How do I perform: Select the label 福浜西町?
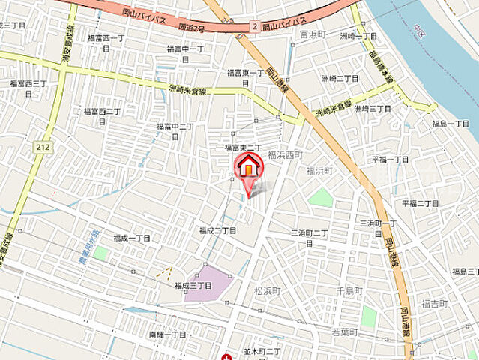tap(285, 154)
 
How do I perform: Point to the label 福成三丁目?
tap(193, 286)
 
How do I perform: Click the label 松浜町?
tap(267, 290)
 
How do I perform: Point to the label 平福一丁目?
tap(391, 160)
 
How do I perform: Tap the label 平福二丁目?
tap(420, 203)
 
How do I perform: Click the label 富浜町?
tap(310, 34)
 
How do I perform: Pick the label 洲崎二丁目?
tap(340, 78)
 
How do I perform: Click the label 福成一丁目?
tap(132, 238)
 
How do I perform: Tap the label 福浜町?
tap(319, 171)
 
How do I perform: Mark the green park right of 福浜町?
tap(321, 197)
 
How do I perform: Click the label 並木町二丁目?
tap(262, 351)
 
